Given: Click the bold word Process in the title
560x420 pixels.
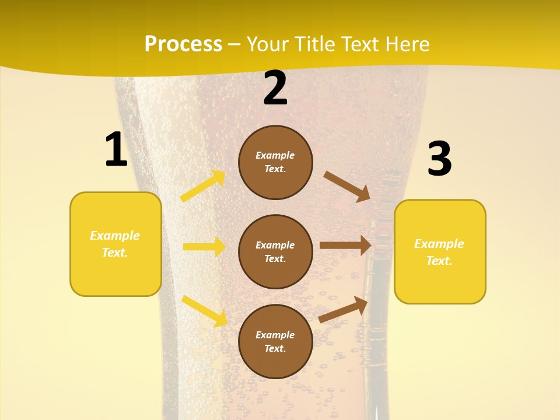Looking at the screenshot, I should click(183, 44).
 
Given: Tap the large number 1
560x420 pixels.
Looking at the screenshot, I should click(116, 149).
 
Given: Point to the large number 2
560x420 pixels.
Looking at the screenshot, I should click(275, 88).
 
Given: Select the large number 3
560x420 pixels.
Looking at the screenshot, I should click(439, 159).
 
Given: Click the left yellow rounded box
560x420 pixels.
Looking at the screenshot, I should click(116, 244).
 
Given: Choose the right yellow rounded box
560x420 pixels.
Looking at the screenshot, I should click(440, 252).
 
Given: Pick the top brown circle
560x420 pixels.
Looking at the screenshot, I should click(275, 162).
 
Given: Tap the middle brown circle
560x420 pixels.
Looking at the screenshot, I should click(275, 251).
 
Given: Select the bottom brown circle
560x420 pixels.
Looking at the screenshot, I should click(275, 341).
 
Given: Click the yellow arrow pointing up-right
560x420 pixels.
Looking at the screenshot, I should click(203, 186).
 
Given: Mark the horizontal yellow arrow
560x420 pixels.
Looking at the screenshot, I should click(204, 247).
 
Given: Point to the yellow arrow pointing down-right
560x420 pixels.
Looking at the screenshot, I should click(205, 311).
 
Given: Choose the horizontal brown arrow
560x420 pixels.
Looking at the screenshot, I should click(345, 246).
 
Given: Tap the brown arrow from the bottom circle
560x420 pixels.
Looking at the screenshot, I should click(344, 309).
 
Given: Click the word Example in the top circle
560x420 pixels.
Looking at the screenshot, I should click(275, 155).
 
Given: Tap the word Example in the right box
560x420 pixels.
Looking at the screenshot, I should click(439, 244).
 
